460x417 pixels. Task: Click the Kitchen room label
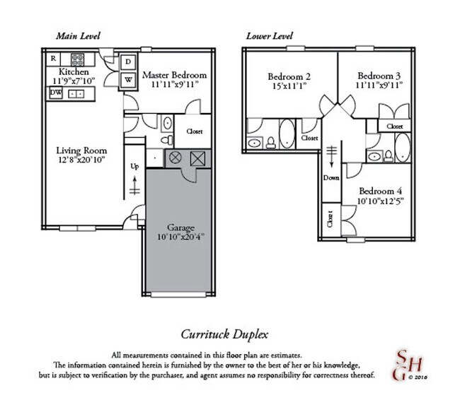coord(73,72)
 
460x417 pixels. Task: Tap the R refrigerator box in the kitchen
coord(53,58)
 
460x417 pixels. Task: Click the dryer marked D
coord(129,61)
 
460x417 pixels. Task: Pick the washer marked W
coord(129,79)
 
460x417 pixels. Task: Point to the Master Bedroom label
coord(174,75)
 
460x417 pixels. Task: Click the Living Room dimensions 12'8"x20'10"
coord(81,160)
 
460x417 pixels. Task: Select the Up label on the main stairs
coord(134,167)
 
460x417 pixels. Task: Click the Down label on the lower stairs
coord(330,177)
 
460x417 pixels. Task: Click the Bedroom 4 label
coord(380,191)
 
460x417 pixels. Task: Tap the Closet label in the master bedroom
coord(195,131)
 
